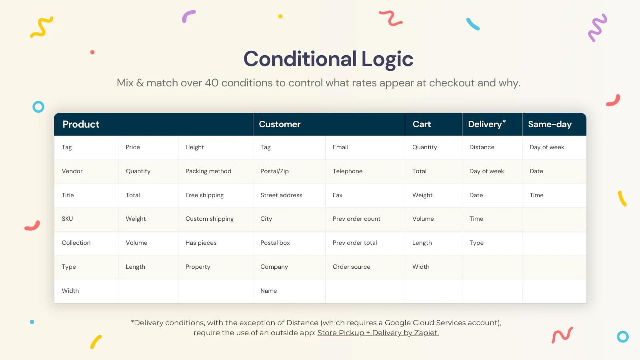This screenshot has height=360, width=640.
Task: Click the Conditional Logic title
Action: (328, 59)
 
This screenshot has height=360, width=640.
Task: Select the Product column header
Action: (81, 124)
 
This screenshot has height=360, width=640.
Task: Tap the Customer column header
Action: (280, 124)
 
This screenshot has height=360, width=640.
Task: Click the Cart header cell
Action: (422, 124)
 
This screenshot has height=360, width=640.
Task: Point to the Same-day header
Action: (550, 124)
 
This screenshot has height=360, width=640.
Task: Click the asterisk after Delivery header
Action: (504, 121)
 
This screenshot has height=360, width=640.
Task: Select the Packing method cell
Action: (208, 171)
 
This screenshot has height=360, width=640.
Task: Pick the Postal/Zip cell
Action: (274, 171)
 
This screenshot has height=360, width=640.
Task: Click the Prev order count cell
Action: (356, 219)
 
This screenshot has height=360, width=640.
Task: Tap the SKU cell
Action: (67, 219)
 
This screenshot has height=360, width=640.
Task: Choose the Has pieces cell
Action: (201, 243)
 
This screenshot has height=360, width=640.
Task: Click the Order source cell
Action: (351, 267)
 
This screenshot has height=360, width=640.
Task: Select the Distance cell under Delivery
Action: (482, 147)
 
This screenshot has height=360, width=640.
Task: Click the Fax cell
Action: (337, 195)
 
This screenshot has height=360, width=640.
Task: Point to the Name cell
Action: (268, 291)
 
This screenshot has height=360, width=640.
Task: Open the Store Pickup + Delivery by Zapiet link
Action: (378, 333)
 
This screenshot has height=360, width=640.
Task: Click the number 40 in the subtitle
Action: (212, 83)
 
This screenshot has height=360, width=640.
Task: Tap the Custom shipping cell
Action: (209, 219)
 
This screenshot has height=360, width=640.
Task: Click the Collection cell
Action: (76, 243)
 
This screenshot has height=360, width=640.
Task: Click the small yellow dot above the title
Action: (280, 16)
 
